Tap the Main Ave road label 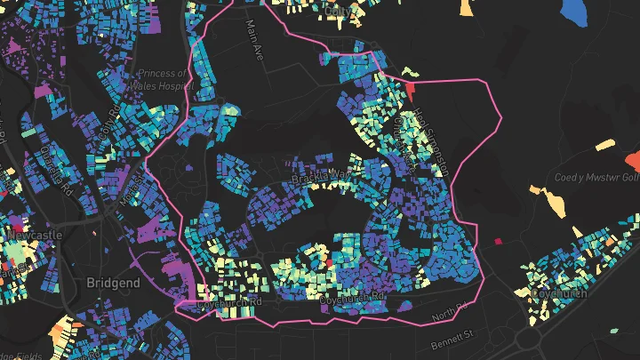coord(255,39)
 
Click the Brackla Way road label coord(322,176)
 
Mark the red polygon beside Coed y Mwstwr coord(633,161)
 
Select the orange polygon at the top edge coord(466,8)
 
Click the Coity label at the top coord(338,11)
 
